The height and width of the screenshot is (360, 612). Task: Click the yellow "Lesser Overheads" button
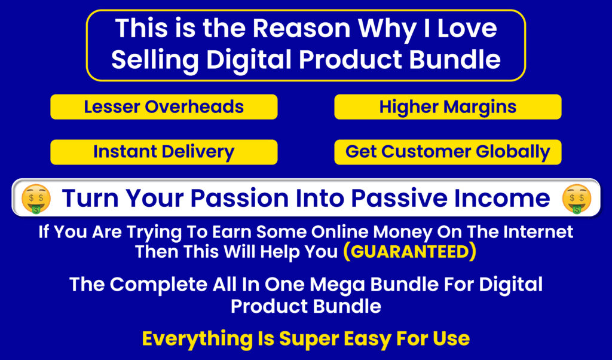pyautogui.click(x=164, y=106)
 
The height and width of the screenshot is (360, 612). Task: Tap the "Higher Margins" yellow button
pyautogui.click(x=448, y=106)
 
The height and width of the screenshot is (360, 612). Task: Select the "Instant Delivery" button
pyautogui.click(x=164, y=152)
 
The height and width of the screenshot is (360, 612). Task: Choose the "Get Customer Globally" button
pyautogui.click(x=448, y=152)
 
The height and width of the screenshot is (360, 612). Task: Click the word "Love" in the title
pyautogui.click(x=467, y=29)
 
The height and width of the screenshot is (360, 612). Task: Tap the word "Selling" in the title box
pyautogui.click(x=155, y=60)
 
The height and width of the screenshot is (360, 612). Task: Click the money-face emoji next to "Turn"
pyautogui.click(x=36, y=199)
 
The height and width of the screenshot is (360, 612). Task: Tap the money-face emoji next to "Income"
pyautogui.click(x=577, y=199)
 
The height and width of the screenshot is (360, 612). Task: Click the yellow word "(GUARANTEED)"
pyautogui.click(x=409, y=251)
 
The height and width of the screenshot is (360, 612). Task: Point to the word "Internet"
pyautogui.click(x=538, y=232)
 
